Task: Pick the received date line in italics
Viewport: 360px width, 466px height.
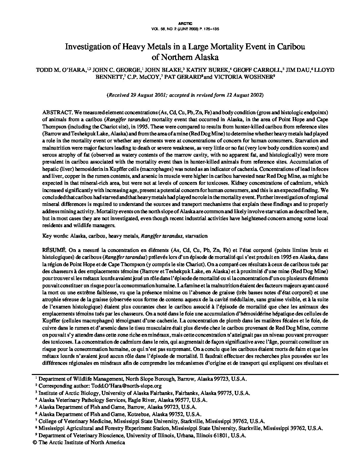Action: tap(185, 95)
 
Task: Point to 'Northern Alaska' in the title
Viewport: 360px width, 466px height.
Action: tap(190, 57)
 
